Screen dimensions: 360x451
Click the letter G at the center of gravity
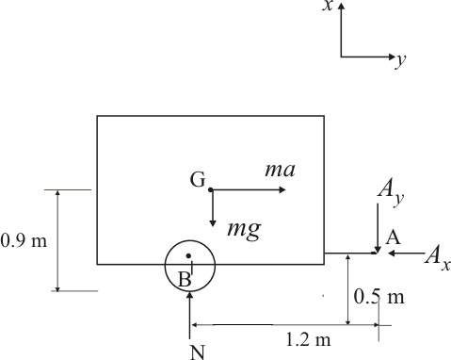click(x=197, y=180)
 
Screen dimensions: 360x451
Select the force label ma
click(x=280, y=170)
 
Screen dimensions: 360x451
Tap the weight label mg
click(x=243, y=228)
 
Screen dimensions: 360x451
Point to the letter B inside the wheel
click(x=185, y=278)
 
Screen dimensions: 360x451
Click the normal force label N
click(x=197, y=352)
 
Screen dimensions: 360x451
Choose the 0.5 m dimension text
click(x=379, y=298)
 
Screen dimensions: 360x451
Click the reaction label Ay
click(x=390, y=191)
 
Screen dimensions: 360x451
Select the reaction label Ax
click(x=436, y=255)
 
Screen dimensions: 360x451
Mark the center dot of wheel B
click(x=189, y=255)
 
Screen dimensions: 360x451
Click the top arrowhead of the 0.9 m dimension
click(x=58, y=193)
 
